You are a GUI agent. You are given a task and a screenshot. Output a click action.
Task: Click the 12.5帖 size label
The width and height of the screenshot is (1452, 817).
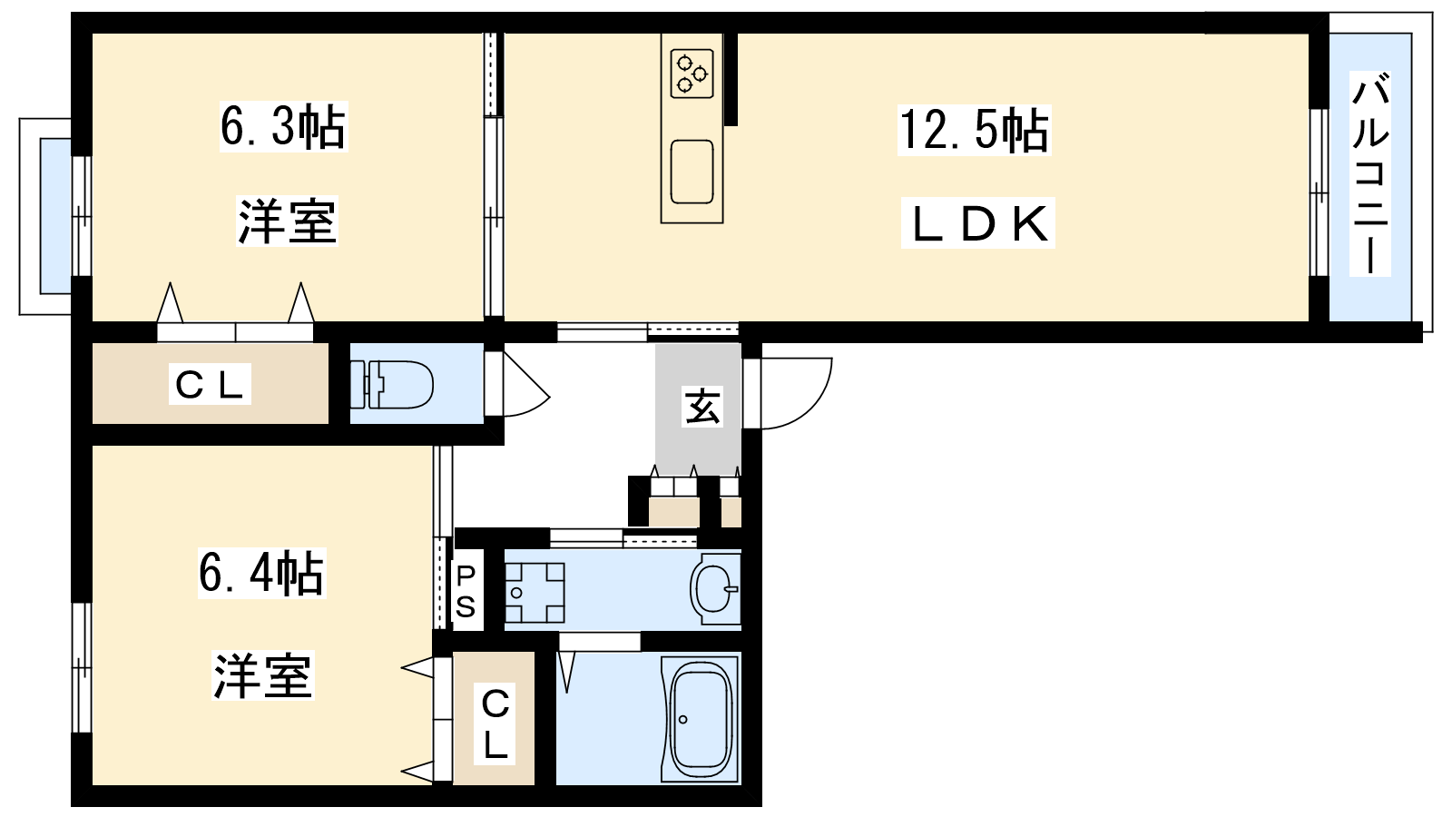974,131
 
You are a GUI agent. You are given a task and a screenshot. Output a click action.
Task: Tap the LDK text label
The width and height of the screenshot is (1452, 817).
977,223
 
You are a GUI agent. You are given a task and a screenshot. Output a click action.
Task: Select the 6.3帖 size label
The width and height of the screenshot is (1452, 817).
283,126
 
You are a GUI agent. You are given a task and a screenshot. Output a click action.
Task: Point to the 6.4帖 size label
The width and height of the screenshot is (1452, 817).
261,573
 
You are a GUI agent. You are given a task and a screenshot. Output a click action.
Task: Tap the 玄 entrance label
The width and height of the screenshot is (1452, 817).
702,407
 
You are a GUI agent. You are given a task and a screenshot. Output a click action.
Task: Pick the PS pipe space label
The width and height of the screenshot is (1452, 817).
466,591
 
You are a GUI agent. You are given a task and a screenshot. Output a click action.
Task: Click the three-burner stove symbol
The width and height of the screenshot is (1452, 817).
692,74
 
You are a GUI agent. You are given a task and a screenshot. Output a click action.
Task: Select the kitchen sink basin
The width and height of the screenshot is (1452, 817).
692,172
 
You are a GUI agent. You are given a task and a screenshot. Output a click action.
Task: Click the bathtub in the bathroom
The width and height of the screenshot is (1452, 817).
700,718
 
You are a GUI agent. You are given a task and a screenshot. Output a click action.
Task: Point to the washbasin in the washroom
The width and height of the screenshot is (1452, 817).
715,589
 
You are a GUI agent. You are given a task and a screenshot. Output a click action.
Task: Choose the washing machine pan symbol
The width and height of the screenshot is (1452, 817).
535,593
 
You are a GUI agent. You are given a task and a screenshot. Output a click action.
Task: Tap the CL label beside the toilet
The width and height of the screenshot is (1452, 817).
210,385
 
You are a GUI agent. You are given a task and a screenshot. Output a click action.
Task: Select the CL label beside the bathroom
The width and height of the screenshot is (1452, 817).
495,724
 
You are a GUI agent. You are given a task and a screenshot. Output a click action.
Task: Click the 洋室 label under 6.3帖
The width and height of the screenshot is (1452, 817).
287,221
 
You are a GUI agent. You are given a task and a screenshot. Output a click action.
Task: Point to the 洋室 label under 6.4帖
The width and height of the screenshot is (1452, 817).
263,675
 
